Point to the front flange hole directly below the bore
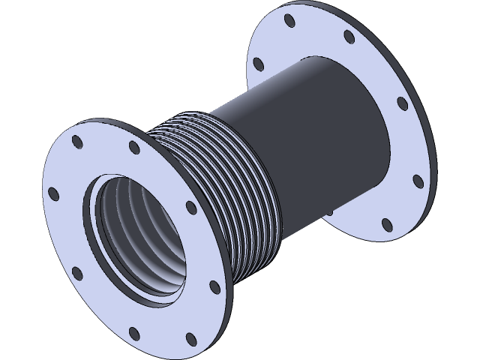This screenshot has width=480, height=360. [134, 331]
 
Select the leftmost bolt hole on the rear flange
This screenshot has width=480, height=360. [259, 62]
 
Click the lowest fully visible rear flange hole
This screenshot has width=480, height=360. [384, 223]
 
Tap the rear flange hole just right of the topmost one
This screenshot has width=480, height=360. [349, 35]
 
